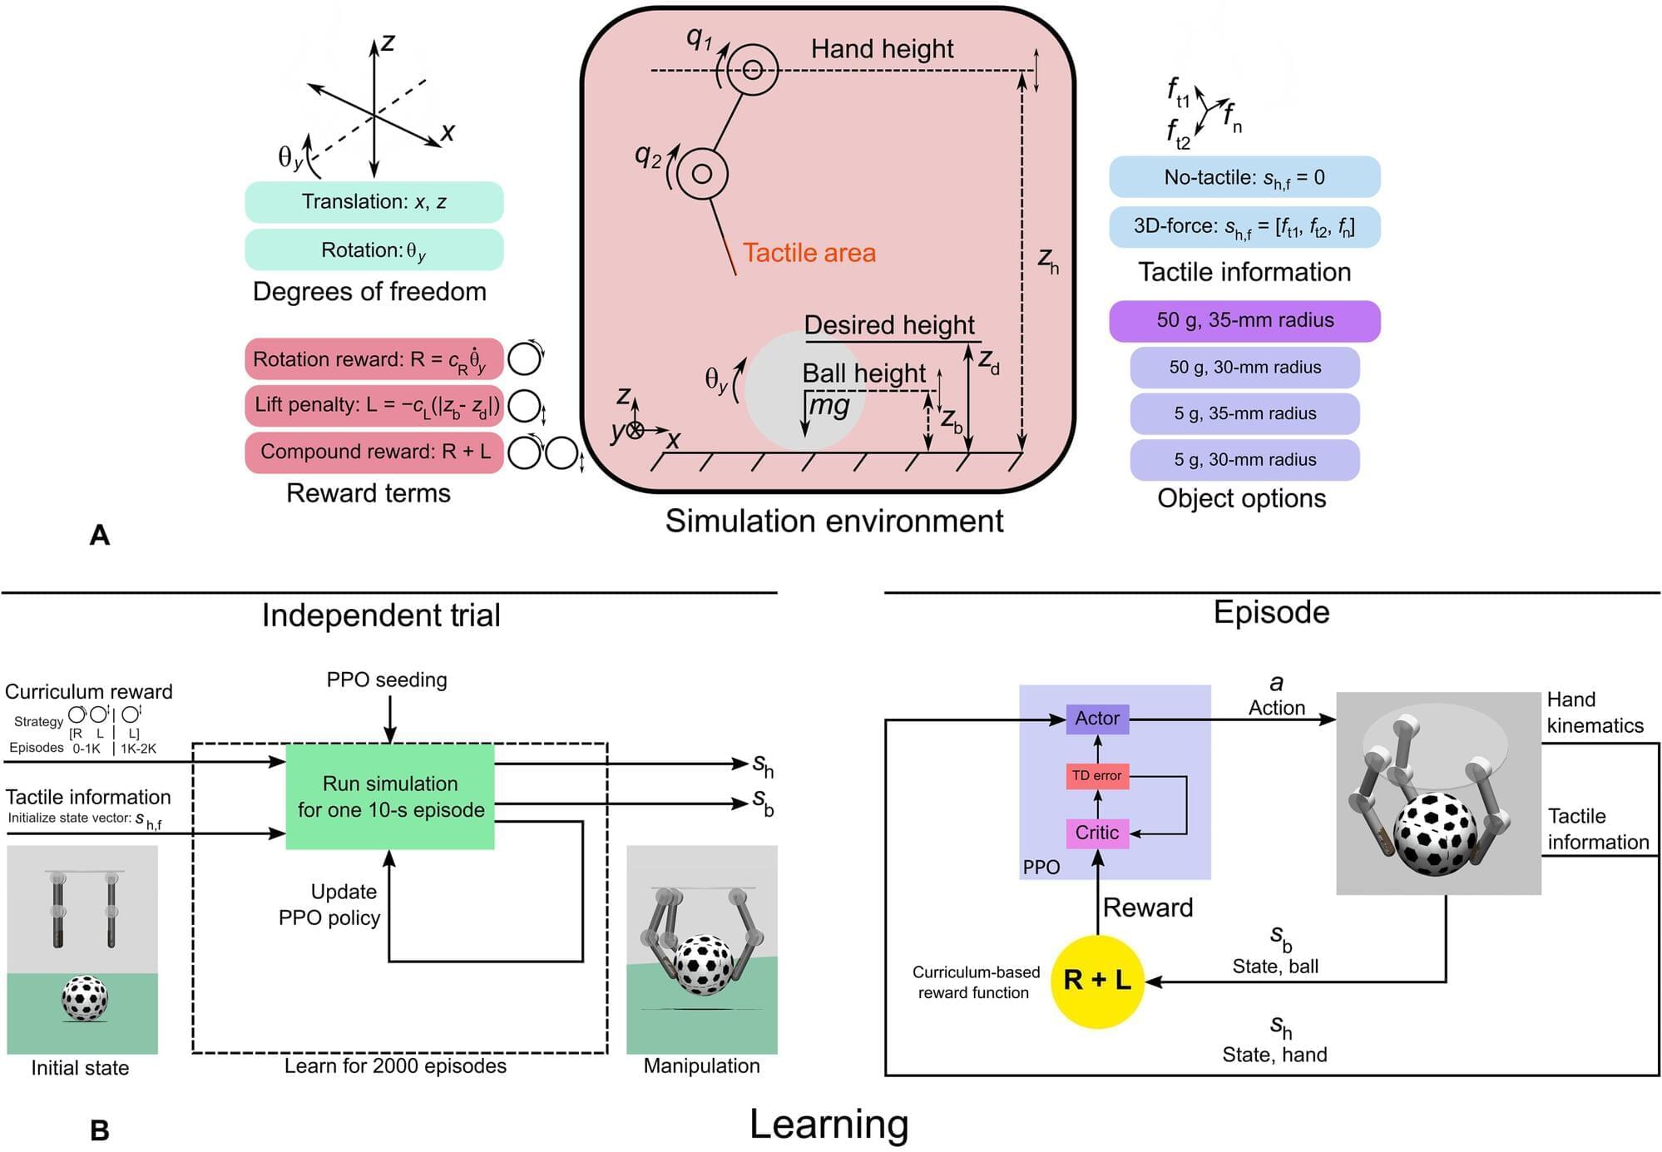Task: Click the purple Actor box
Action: click(x=1097, y=719)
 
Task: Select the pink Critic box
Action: click(x=1097, y=833)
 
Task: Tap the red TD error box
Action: click(x=1097, y=776)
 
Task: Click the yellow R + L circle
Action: click(x=1097, y=981)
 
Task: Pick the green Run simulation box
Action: click(x=390, y=797)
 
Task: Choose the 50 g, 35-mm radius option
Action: click(x=1244, y=321)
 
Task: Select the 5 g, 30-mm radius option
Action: click(x=1244, y=460)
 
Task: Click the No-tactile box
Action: click(x=1244, y=177)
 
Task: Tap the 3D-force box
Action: click(x=1244, y=227)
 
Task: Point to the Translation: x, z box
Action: click(x=373, y=202)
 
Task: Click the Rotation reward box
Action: click(x=373, y=359)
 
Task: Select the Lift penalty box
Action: click(x=373, y=405)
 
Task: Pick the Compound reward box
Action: click(x=373, y=452)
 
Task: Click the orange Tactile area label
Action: click(x=809, y=253)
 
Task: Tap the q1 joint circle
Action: click(x=753, y=71)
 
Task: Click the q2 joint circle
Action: click(x=702, y=174)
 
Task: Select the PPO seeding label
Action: click(x=387, y=680)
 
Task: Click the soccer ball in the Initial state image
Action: click(x=84, y=999)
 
